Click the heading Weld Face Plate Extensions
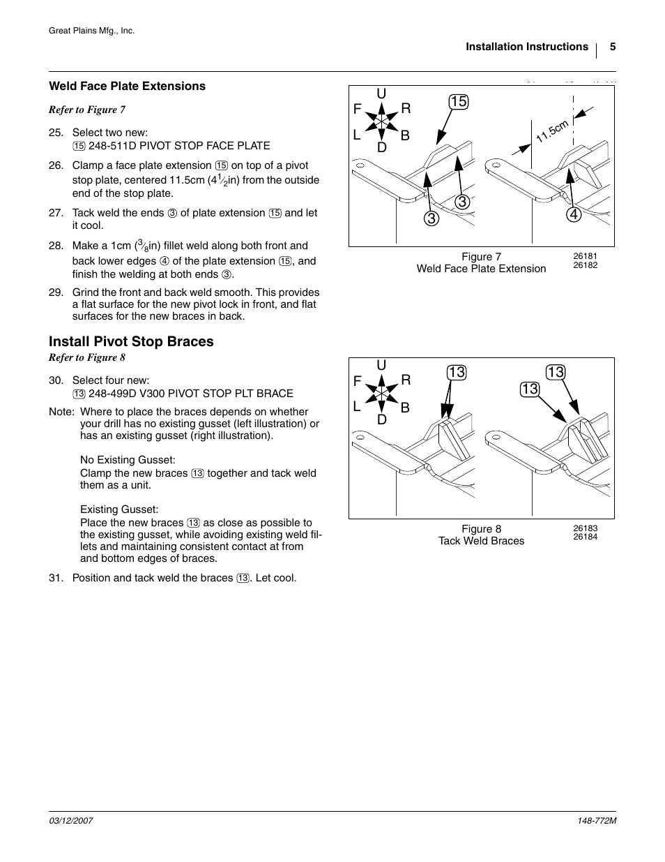coord(127,86)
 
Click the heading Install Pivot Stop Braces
coord(131,341)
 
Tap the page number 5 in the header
coord(613,47)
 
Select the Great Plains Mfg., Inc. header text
coord(91,31)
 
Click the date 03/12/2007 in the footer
coord(70,822)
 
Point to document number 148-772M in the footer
coord(593,822)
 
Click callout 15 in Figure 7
coord(458,102)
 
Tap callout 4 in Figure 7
coord(573,214)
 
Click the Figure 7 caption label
coord(481,257)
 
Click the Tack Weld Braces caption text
coord(481,541)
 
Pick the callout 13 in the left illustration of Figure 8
coord(456,373)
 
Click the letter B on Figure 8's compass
coord(405,407)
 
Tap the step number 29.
coord(56,292)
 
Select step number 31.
coord(56,578)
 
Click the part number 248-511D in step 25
coord(112,146)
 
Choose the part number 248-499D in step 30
coord(113,394)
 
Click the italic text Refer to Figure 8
coord(87,357)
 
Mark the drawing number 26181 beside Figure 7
coord(585,256)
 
